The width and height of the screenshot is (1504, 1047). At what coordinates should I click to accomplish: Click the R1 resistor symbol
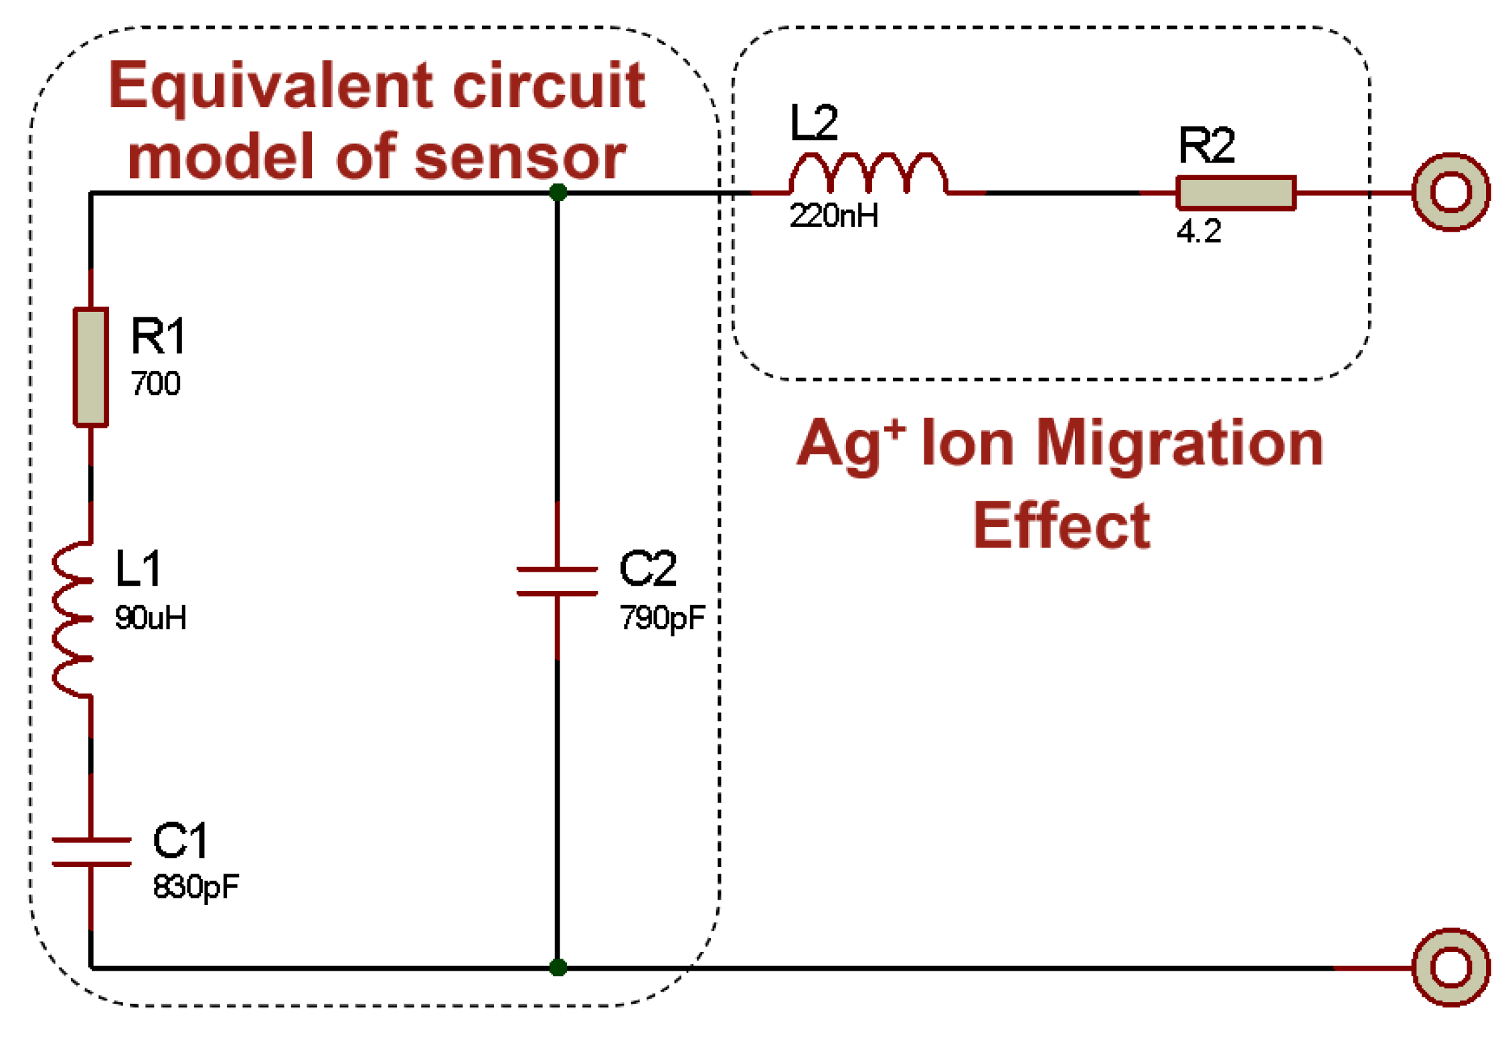(90, 366)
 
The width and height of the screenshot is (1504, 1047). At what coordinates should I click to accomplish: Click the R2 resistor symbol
(1236, 193)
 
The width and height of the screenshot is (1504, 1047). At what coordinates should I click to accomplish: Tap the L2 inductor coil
(868, 173)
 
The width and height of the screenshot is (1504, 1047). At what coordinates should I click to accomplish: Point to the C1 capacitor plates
(91, 852)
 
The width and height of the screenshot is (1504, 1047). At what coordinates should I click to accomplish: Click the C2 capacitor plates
(557, 581)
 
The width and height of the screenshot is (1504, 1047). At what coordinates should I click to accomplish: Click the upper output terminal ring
(1450, 192)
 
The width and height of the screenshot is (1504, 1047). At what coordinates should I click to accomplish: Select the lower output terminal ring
(1450, 967)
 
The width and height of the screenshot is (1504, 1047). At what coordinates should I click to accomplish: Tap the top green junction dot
(558, 193)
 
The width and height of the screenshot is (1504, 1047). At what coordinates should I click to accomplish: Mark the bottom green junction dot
(558, 967)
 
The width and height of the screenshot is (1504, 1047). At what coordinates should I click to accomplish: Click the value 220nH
(833, 216)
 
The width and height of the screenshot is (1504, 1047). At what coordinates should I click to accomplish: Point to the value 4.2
(1198, 232)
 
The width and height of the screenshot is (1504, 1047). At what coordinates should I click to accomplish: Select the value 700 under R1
(155, 384)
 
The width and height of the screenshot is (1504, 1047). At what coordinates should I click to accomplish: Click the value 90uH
(151, 617)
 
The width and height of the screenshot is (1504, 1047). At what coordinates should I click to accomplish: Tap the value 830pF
(195, 887)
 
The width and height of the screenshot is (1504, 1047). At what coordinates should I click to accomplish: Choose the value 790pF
(662, 617)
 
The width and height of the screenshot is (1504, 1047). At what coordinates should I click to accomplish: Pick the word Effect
(1061, 526)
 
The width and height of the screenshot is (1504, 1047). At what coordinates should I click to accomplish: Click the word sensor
(520, 157)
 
